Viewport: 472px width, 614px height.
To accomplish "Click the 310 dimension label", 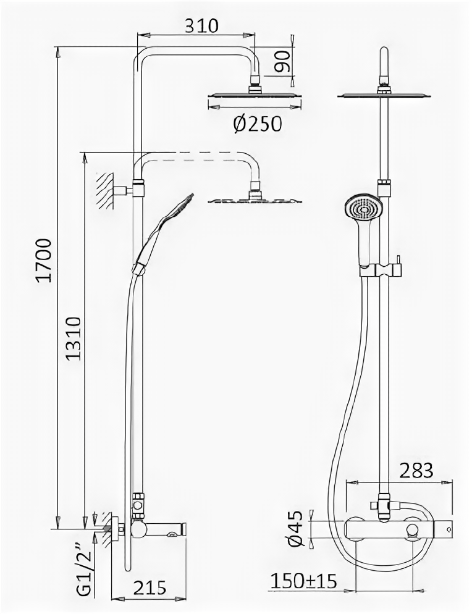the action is (x=201, y=25).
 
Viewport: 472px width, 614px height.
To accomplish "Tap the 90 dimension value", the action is (x=284, y=61).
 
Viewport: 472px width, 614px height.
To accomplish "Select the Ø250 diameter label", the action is (x=257, y=124).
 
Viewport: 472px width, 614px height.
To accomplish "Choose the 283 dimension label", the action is (x=416, y=471).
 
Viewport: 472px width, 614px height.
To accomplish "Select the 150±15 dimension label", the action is (x=303, y=581).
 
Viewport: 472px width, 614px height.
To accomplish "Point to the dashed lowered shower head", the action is (x=255, y=200).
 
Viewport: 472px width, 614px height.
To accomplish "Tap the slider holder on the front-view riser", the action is (x=379, y=270).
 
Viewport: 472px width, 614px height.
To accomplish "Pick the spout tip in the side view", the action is (x=180, y=529).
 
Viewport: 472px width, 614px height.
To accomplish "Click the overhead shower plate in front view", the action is (x=384, y=95).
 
